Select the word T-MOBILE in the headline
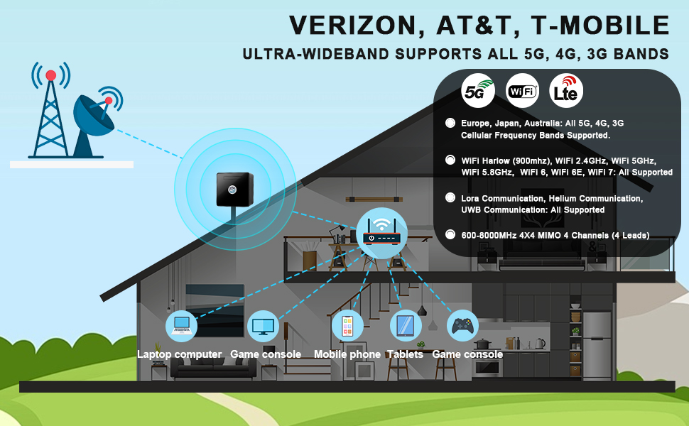pyautogui.click(x=600, y=25)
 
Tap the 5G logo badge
pyautogui.click(x=478, y=91)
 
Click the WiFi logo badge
pyautogui.click(x=522, y=91)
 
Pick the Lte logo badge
pyautogui.click(x=566, y=91)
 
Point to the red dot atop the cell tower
pyautogui.click(x=51, y=75)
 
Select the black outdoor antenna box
pyautogui.click(x=234, y=190)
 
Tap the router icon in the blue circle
pyautogui.click(x=381, y=233)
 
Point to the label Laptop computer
pyautogui.click(x=179, y=354)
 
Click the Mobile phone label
pyautogui.click(x=347, y=354)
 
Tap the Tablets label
pyautogui.click(x=405, y=354)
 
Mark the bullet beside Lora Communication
pyautogui.click(x=450, y=197)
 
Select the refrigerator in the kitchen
pyautogui.click(x=597, y=346)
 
